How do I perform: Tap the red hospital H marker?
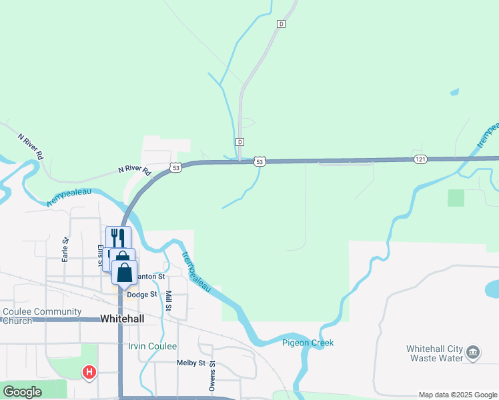pyautogui.click(x=89, y=372)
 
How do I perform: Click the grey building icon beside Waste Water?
pyautogui.click(x=472, y=352)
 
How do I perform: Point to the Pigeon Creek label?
pyautogui.click(x=307, y=343)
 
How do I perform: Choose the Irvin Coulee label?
pyautogui.click(x=153, y=347)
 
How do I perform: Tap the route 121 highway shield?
pyautogui.click(x=420, y=159)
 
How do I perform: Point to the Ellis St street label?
pyautogui.click(x=101, y=257)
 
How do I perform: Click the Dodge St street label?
pyautogui.click(x=141, y=294)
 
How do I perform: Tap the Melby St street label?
pyautogui.click(x=191, y=363)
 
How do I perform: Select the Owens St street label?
pyautogui.click(x=212, y=375)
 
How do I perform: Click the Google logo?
pyautogui.click(x=22, y=392)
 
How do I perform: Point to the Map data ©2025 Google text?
pyautogui.click(x=457, y=395)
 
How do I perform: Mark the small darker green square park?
pyautogui.click(x=456, y=197)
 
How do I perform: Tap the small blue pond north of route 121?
pyautogui.click(x=454, y=92)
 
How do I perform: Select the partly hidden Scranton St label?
pyautogui.click(x=151, y=276)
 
